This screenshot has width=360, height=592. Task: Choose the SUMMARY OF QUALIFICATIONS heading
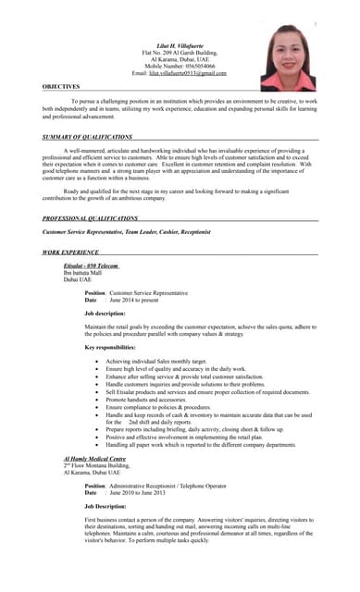88,136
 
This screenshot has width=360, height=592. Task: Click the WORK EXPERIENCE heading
71,252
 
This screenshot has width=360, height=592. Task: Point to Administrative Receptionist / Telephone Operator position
170,485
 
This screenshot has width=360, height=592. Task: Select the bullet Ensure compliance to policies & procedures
158,406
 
